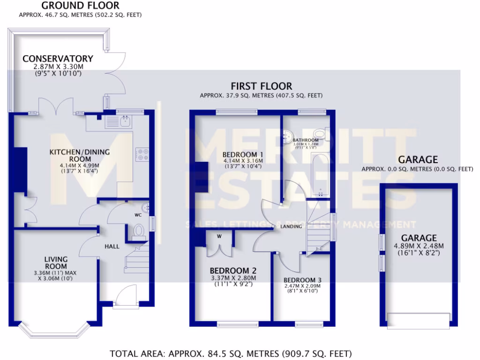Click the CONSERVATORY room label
pos(58,59)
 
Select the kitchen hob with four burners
pos(142,154)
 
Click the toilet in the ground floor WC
pos(139,231)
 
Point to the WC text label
pos(138,216)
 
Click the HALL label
pos(112,246)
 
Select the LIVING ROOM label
pos(56,262)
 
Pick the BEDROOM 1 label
pos(242,155)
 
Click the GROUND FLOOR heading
pos(81,6)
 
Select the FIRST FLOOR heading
pos(261,86)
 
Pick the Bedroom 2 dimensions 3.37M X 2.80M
pos(233,278)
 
